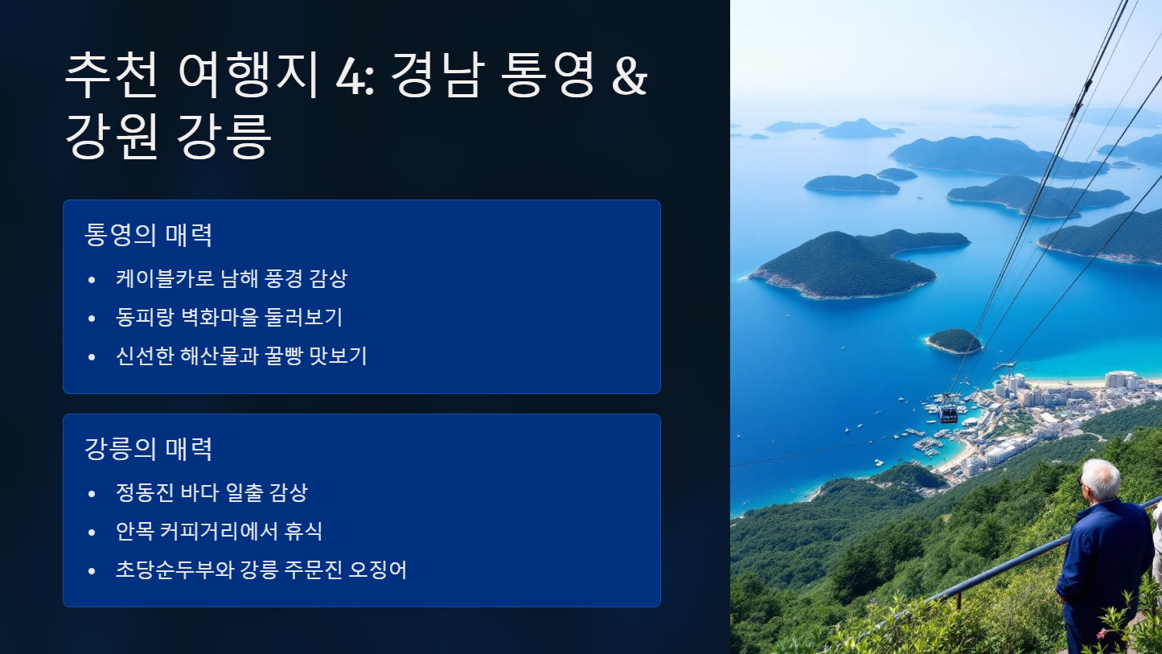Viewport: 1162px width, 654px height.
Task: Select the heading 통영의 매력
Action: [x=149, y=235]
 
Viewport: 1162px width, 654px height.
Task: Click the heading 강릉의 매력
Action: [x=149, y=448]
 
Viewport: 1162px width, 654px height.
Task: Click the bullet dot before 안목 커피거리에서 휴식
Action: [x=92, y=532]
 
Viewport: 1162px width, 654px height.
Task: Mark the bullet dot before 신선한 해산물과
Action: [x=92, y=356]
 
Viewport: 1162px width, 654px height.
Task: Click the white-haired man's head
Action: [x=1101, y=479]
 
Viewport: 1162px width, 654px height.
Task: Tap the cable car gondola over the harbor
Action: [x=949, y=413]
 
